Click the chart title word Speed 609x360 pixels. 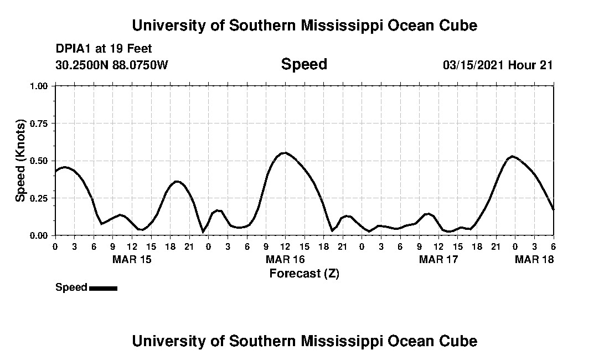pos(304,64)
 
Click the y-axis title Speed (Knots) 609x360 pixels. pos(20,160)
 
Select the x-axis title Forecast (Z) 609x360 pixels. pos(304,273)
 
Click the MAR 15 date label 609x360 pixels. pos(131,259)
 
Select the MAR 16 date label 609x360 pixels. pos(285,259)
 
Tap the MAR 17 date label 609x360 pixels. pos(438,259)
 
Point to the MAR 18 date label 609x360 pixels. pos(534,259)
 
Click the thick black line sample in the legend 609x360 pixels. pos(103,288)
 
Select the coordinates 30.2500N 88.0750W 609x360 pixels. pos(111,65)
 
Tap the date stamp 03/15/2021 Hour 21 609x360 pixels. pos(498,65)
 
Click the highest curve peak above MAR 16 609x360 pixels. pos(285,152)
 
